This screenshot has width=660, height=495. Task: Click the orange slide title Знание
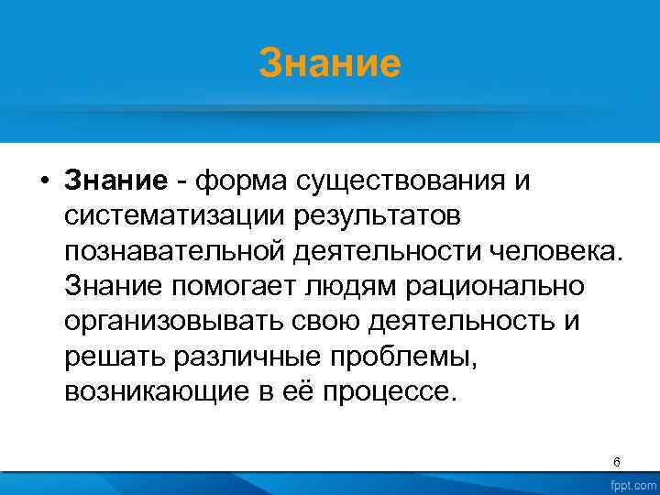330,65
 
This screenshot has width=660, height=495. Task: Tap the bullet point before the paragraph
43,181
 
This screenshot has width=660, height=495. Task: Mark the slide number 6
617,462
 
